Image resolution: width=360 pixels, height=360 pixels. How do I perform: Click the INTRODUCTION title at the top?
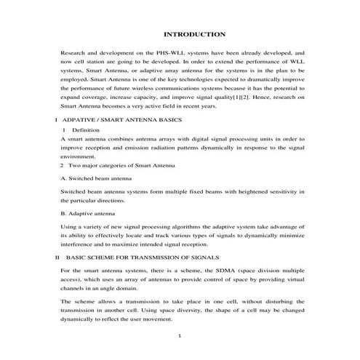pos(194,34)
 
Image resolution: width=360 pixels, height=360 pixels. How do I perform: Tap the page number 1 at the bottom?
pos(179,336)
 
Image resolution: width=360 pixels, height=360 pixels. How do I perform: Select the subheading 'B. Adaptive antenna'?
pos(87,214)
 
